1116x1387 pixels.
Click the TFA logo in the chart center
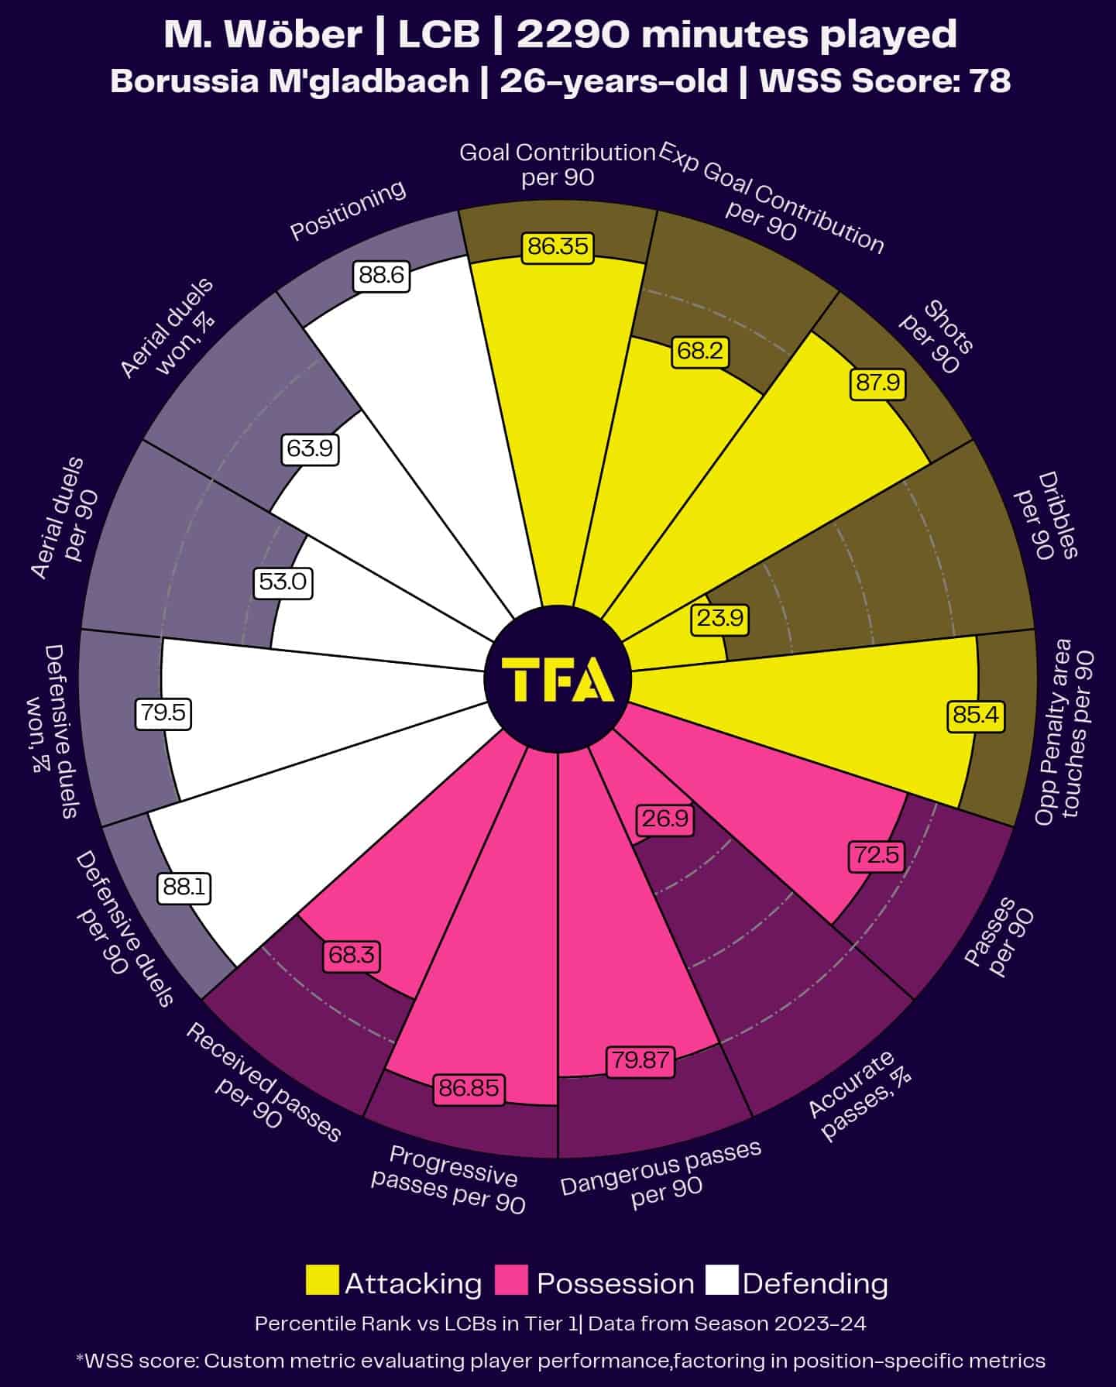(558, 679)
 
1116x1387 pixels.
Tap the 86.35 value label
(558, 246)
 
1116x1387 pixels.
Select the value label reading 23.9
(719, 618)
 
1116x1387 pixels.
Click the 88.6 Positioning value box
(381, 275)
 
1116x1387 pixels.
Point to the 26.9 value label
(664, 819)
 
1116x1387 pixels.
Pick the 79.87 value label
(640, 1059)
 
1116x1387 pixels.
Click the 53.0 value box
(283, 582)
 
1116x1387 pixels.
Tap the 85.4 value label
(976, 714)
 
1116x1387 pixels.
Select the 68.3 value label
(351, 955)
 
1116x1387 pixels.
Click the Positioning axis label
(348, 210)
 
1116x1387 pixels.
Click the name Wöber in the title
(306, 35)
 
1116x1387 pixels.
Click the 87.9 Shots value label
(878, 383)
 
